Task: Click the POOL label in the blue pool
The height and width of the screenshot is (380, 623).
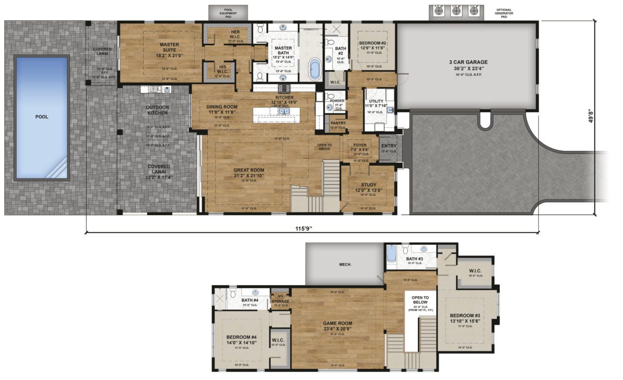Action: point(41,117)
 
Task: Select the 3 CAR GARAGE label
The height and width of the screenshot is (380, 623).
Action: point(468,62)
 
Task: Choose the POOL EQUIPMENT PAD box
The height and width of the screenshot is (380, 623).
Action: point(228,12)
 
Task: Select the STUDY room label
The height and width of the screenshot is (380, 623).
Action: point(368,185)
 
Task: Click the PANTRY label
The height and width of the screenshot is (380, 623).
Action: point(337,124)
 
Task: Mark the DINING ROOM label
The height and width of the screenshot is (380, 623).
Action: point(221,107)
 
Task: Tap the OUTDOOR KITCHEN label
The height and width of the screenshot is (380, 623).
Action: point(157,110)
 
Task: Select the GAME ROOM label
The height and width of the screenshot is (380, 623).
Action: point(337,323)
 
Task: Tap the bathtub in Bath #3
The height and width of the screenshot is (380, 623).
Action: point(392,255)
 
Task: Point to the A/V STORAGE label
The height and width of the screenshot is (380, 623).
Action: point(280,299)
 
